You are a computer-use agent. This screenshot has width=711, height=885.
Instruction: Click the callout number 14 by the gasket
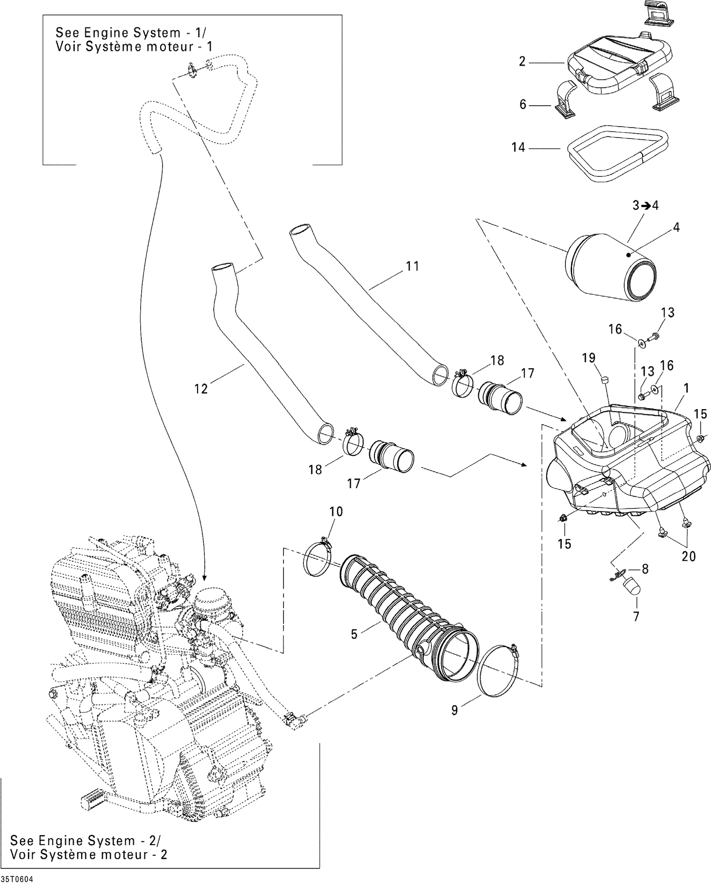[518, 147]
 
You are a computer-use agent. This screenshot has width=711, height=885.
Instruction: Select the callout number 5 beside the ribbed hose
[354, 634]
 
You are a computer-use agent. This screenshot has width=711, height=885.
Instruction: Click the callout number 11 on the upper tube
[412, 266]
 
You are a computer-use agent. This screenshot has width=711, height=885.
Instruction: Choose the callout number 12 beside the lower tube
[201, 389]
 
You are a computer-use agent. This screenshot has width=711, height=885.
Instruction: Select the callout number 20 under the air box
[688, 556]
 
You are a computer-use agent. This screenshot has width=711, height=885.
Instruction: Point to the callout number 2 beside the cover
[522, 62]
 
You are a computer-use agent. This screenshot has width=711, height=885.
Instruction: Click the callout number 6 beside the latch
[523, 104]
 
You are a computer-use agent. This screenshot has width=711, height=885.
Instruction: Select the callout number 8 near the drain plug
[645, 568]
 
